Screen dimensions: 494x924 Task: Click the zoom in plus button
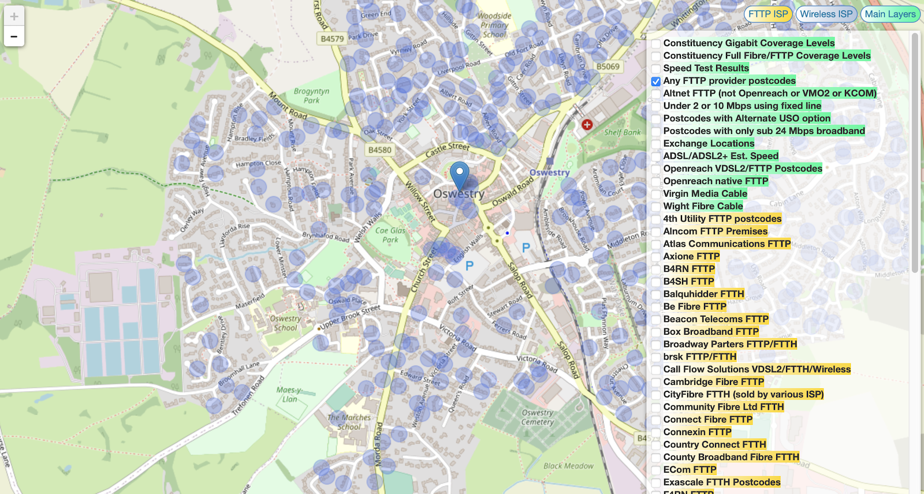click(x=14, y=16)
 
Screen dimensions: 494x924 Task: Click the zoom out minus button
click(x=14, y=36)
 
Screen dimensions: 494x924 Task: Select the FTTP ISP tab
click(x=767, y=14)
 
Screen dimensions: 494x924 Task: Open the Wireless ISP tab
click(x=826, y=14)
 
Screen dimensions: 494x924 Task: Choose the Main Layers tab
click(x=890, y=14)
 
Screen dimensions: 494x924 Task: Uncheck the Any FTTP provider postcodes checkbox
click(x=656, y=81)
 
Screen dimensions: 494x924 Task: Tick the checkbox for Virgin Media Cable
click(x=656, y=194)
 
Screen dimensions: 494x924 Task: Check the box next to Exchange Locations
click(x=656, y=144)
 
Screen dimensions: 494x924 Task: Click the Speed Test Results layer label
click(x=706, y=68)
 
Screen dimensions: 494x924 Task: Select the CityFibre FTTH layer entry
click(x=743, y=395)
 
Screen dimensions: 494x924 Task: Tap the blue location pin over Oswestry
click(x=460, y=173)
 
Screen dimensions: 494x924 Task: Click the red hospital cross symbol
click(x=587, y=125)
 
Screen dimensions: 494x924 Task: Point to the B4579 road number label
click(x=332, y=39)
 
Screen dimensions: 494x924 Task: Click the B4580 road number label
click(x=379, y=150)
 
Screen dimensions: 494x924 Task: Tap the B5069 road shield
click(x=608, y=67)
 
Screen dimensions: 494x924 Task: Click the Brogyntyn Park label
click(x=311, y=96)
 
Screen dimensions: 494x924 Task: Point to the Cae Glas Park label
click(x=390, y=235)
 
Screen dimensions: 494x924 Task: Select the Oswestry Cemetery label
click(x=537, y=417)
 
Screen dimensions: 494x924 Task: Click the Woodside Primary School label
click(x=494, y=25)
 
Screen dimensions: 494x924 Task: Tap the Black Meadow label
click(x=568, y=466)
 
